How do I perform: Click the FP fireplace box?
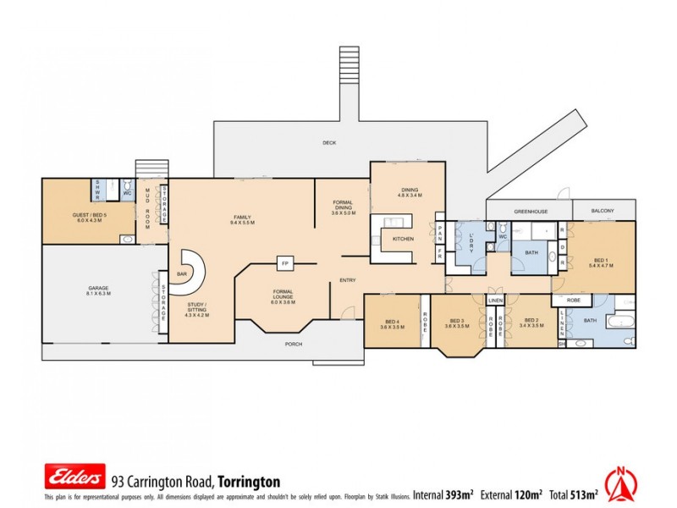click(285, 264)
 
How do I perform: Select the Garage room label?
click(98, 290)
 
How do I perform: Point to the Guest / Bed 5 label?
click(89, 218)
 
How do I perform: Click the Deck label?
click(329, 143)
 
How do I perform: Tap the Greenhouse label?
click(530, 211)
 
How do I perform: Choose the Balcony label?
click(603, 211)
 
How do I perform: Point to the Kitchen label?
click(403, 240)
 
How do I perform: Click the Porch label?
click(294, 345)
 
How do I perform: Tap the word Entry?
click(348, 280)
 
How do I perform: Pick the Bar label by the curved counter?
click(182, 274)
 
